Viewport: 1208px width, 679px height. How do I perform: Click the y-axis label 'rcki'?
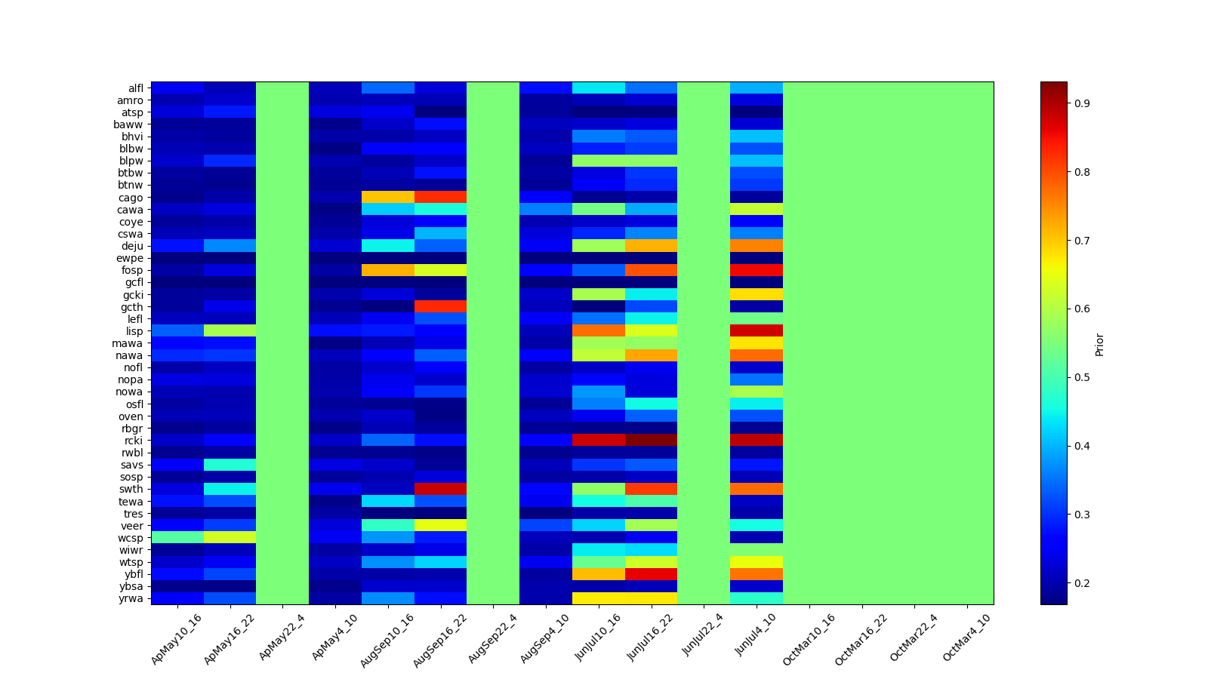(134, 441)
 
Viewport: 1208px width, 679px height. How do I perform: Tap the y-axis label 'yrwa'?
(134, 599)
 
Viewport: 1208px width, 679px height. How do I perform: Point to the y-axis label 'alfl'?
(136, 88)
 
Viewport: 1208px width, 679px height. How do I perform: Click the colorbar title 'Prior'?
(1099, 344)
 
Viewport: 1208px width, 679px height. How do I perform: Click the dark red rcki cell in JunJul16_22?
(651, 441)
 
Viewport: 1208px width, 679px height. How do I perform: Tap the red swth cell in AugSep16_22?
(440, 489)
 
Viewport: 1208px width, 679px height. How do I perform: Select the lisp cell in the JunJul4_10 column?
(757, 331)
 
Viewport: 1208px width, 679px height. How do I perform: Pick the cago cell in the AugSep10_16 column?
(387, 198)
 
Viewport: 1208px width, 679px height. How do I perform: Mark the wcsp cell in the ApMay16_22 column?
(230, 538)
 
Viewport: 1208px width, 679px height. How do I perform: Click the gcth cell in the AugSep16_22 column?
(440, 307)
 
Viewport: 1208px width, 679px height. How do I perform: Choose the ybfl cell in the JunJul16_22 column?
(651, 574)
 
